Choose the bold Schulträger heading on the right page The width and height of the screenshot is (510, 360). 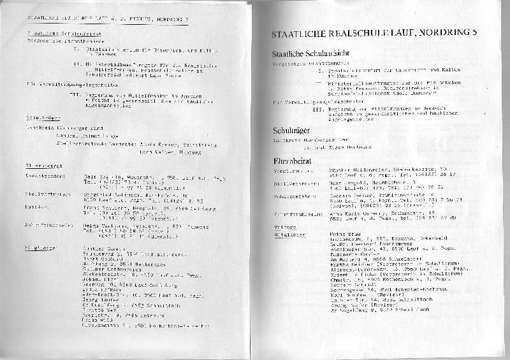coord(291,130)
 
